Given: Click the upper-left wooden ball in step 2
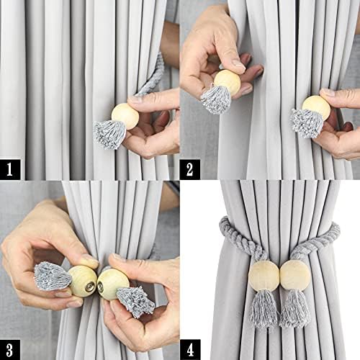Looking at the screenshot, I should [x=228, y=82].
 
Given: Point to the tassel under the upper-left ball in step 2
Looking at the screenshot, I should [x=215, y=99].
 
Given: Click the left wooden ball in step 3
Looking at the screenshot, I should [x=83, y=281].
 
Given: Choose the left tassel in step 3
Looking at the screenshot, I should [x=52, y=276].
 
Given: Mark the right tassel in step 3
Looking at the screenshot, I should [x=135, y=300].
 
